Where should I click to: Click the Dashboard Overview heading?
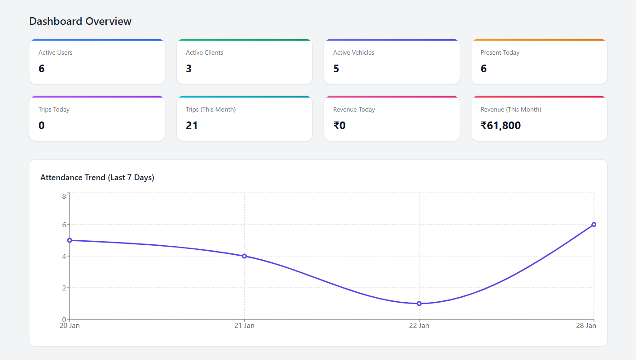pyautogui.click(x=80, y=21)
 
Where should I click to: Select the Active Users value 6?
pyautogui.click(x=42, y=69)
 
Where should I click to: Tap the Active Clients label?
pyautogui.click(x=204, y=52)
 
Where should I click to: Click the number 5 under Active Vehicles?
pyautogui.click(x=336, y=69)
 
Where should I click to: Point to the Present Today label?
pyautogui.click(x=499, y=52)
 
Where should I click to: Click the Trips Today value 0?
pyautogui.click(x=42, y=126)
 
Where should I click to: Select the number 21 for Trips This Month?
pyautogui.click(x=192, y=126)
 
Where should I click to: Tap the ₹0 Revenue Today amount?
pyautogui.click(x=339, y=126)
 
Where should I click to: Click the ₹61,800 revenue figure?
pyautogui.click(x=500, y=126)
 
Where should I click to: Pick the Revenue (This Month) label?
pyautogui.click(x=510, y=109)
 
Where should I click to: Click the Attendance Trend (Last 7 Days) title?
pyautogui.click(x=97, y=178)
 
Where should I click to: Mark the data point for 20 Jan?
pyautogui.click(x=70, y=240)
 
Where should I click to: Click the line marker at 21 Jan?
pyautogui.click(x=245, y=256)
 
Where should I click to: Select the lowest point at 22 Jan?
pyautogui.click(x=419, y=304)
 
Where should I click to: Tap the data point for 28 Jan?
pyautogui.click(x=594, y=224)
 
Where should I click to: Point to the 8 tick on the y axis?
pyautogui.click(x=64, y=196)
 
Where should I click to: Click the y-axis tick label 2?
pyautogui.click(x=64, y=288)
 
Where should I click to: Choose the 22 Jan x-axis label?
pyautogui.click(x=419, y=326)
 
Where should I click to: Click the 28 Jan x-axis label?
pyautogui.click(x=586, y=326)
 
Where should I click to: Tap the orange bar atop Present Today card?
pyautogui.click(x=539, y=40)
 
